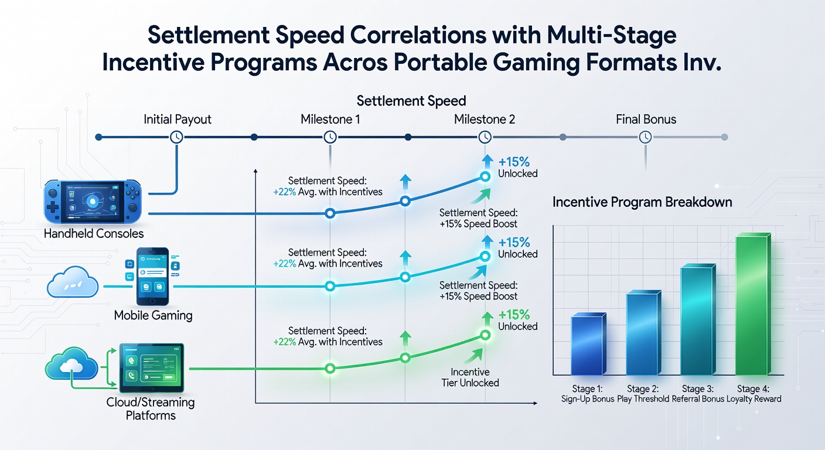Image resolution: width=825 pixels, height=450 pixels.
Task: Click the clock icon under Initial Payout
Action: (x=177, y=137)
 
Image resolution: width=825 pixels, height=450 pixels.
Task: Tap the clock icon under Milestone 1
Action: (x=330, y=137)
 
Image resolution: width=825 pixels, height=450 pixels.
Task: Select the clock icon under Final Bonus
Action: (x=645, y=137)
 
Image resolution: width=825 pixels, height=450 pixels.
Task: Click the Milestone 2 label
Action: (x=485, y=120)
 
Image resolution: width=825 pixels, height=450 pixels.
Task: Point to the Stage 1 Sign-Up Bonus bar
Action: (x=588, y=344)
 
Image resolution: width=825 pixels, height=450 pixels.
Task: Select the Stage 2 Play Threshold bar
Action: (x=643, y=333)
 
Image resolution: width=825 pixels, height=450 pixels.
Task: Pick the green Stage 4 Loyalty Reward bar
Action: (x=753, y=304)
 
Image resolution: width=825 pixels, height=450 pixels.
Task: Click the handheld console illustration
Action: (x=93, y=202)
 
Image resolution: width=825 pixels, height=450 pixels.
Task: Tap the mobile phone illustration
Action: (x=152, y=277)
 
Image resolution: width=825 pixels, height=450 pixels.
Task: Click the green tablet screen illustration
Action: (x=152, y=368)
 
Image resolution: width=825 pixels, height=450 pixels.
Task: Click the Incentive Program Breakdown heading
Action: (x=642, y=202)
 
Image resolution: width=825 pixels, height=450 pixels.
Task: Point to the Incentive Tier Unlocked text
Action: (x=471, y=377)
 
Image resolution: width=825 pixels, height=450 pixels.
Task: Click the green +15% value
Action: (x=514, y=315)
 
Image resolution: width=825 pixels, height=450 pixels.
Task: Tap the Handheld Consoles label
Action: (x=94, y=233)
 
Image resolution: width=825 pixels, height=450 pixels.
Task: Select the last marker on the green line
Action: (x=485, y=335)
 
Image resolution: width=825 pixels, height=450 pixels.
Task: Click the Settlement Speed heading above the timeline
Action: (x=411, y=101)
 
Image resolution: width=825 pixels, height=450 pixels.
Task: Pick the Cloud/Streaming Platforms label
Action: (x=151, y=409)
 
